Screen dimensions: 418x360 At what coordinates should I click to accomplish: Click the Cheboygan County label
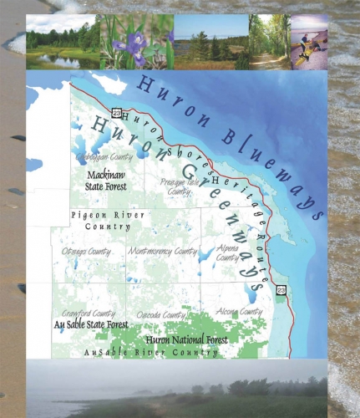point(104,156)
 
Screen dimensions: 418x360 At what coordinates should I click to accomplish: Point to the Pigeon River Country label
point(100,221)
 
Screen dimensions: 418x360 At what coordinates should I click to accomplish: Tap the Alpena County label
point(228,254)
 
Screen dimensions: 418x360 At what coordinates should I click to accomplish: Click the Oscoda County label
point(163,315)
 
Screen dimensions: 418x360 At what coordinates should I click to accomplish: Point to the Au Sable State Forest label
point(91,325)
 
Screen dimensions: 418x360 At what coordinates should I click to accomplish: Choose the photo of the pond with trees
point(62,42)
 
